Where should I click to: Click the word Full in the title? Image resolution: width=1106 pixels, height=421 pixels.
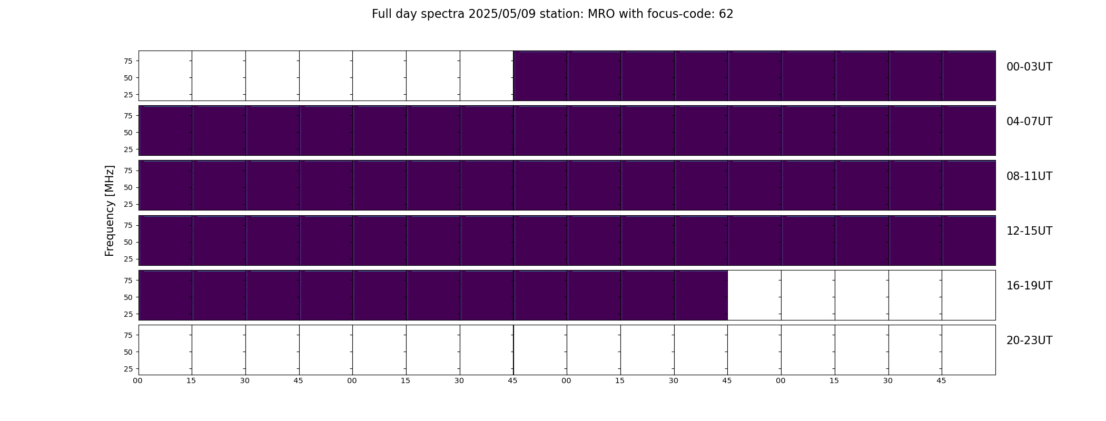[x=381, y=14]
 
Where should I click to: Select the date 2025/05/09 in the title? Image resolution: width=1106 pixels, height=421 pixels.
[x=502, y=14]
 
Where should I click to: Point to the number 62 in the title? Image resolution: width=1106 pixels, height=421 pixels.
[x=726, y=14]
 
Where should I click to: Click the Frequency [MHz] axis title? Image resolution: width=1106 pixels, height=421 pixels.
[x=110, y=210]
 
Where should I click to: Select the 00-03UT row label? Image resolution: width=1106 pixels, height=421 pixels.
[x=1029, y=67]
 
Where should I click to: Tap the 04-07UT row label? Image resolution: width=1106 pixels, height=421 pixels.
[x=1029, y=122]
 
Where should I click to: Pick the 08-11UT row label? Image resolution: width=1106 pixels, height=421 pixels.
[x=1029, y=176]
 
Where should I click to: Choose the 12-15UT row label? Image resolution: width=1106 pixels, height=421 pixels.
[x=1029, y=231]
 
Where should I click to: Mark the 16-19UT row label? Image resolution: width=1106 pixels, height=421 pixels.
[x=1029, y=286]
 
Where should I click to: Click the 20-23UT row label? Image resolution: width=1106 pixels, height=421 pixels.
[x=1029, y=340]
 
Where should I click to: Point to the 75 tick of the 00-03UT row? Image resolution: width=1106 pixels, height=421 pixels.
[x=128, y=61]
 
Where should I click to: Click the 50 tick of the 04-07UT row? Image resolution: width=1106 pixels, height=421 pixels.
[x=128, y=133]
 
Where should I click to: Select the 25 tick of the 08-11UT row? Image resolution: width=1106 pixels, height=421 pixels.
[x=128, y=204]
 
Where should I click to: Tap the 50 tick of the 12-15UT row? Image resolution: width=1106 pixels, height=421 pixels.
[x=128, y=242]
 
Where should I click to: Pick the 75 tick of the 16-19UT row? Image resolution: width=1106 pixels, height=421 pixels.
[x=128, y=280]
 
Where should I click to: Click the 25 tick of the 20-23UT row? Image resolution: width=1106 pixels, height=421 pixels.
[x=128, y=369]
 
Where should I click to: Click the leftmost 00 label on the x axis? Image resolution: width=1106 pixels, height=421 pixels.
[x=137, y=380]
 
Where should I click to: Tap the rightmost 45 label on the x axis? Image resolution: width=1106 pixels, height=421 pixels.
[x=941, y=380]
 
